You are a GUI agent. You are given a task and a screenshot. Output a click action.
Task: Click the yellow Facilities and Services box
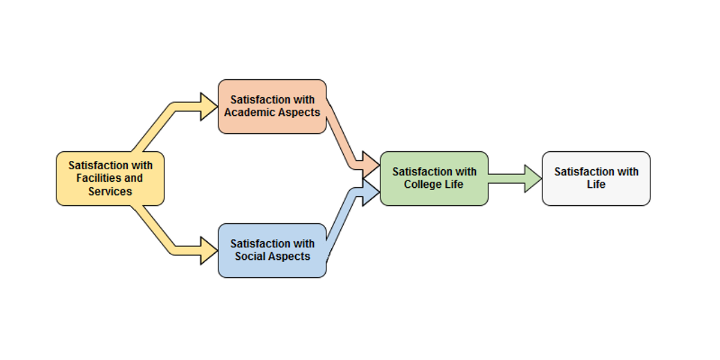coord(110,178)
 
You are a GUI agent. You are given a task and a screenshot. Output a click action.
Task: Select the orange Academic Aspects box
coord(272,106)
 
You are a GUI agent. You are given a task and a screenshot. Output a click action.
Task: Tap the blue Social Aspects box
coord(272,250)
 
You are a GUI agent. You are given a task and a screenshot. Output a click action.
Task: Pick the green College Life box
coord(434,178)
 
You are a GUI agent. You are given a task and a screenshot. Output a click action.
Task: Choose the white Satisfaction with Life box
coord(596,178)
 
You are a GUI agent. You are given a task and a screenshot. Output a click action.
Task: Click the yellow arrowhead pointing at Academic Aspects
coord(208,107)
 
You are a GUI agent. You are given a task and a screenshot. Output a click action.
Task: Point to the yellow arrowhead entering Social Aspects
coord(208,250)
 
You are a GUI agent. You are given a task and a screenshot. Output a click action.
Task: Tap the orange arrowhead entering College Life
coord(371,164)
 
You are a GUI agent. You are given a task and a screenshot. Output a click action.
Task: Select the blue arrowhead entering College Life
coord(371,192)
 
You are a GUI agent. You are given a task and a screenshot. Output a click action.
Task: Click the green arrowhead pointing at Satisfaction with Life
coord(532,178)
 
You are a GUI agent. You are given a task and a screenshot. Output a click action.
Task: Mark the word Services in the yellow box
coord(110,191)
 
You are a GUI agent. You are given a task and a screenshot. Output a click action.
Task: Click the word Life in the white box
coord(596,185)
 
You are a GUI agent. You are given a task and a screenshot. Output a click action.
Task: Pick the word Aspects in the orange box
coord(299,113)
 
